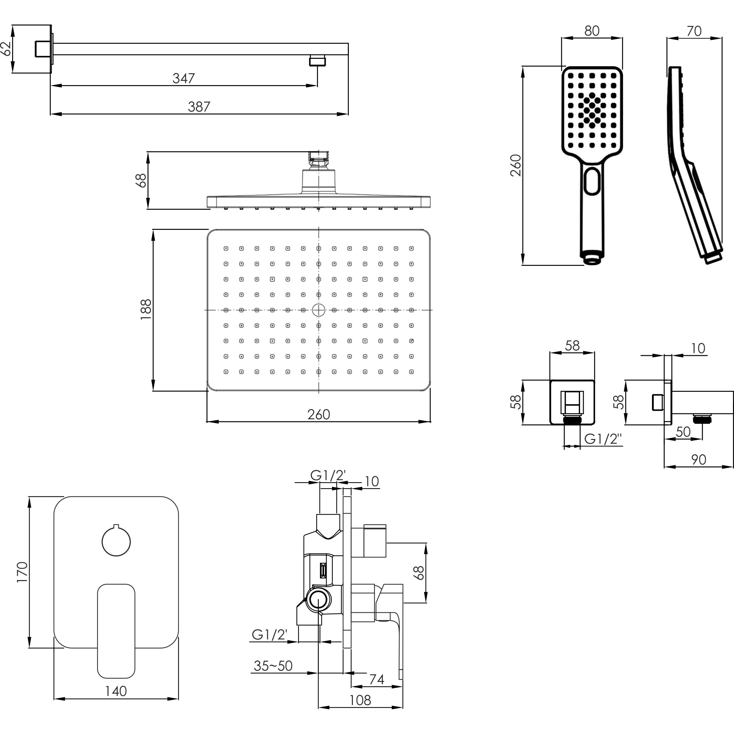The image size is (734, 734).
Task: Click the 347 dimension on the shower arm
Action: pyautogui.click(x=184, y=78)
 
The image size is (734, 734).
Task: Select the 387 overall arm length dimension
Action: pyautogui.click(x=199, y=107)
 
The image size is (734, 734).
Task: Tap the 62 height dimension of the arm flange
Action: pyautogui.click(x=6, y=49)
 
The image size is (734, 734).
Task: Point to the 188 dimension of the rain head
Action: pyautogui.click(x=146, y=309)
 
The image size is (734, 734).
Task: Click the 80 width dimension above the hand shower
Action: pyautogui.click(x=592, y=31)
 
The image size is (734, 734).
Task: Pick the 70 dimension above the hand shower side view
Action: pyautogui.click(x=694, y=31)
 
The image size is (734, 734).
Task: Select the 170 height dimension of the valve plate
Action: pyautogui.click(x=23, y=572)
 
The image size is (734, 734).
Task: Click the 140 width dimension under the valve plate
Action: pyautogui.click(x=116, y=691)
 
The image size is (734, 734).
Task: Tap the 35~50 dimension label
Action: pyautogui.click(x=273, y=666)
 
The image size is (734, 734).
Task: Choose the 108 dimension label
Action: pyautogui.click(x=360, y=700)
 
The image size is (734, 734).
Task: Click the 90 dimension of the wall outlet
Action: pyautogui.click(x=698, y=460)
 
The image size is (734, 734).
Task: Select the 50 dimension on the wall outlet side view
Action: pyautogui.click(x=683, y=432)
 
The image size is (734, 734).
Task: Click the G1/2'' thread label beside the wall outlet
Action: pyautogui.click(x=603, y=439)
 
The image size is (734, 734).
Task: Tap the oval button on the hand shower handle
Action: pyautogui.click(x=592, y=181)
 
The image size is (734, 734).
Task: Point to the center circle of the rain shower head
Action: pyautogui.click(x=318, y=310)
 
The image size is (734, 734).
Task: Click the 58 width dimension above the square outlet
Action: pyautogui.click(x=572, y=345)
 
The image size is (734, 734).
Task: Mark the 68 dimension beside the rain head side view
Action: pyautogui.click(x=140, y=180)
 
